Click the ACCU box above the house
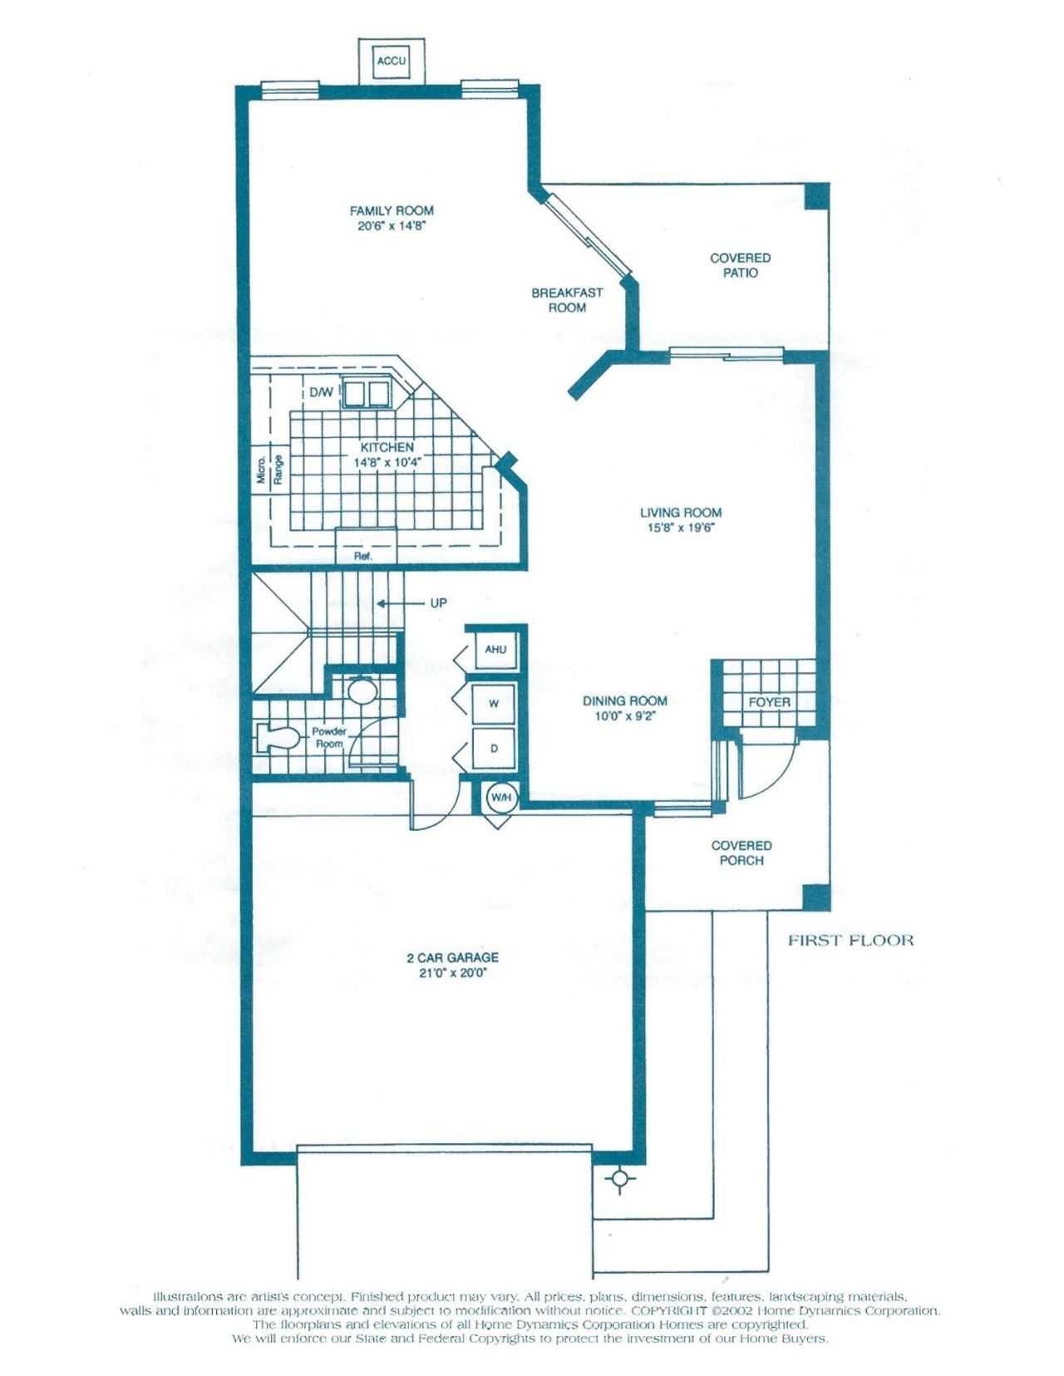(x=392, y=61)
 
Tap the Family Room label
(x=392, y=211)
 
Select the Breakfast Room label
(x=567, y=300)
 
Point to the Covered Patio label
(x=740, y=265)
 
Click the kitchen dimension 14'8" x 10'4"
(x=388, y=462)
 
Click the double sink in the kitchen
(x=367, y=392)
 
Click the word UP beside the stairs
(x=438, y=603)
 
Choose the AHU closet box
(x=495, y=649)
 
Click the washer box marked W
(x=494, y=703)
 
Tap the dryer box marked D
(x=494, y=749)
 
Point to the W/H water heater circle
(x=501, y=798)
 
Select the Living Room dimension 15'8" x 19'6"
(x=680, y=528)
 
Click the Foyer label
(x=769, y=702)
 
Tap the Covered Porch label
(x=741, y=853)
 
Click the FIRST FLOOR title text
(x=850, y=941)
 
